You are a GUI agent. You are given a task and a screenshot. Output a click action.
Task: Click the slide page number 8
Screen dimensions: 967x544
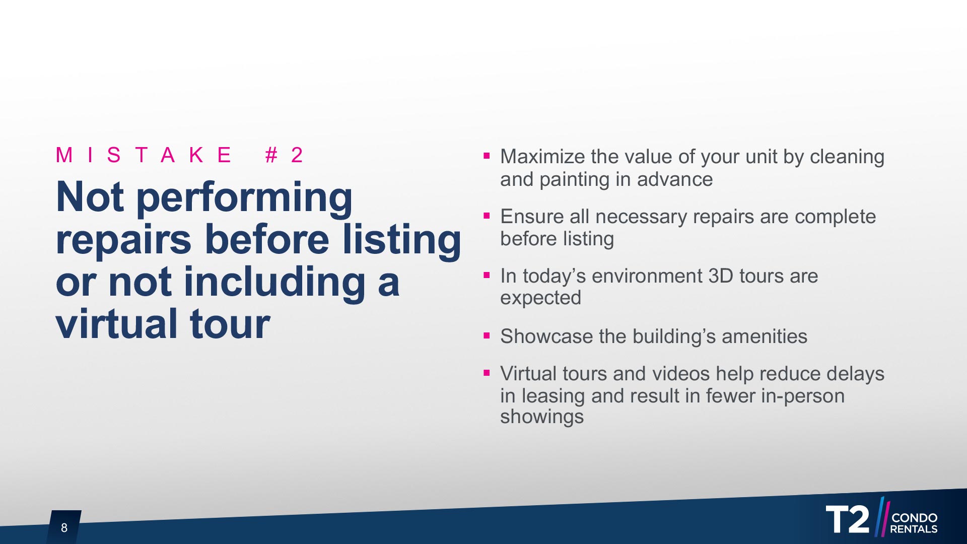(x=64, y=527)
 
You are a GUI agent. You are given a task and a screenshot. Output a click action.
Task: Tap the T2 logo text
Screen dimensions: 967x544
(x=848, y=519)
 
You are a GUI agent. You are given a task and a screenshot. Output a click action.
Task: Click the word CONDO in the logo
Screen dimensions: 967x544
(x=914, y=517)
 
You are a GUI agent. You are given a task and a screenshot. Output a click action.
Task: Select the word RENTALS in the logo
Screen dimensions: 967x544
(x=914, y=529)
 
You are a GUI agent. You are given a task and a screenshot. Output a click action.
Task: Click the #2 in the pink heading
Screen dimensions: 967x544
(x=284, y=155)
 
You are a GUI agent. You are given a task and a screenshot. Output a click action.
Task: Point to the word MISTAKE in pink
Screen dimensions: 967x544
(x=144, y=155)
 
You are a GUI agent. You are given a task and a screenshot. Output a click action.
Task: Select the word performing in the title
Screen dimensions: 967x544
(x=245, y=198)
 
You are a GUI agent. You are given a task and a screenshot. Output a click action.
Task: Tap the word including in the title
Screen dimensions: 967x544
(x=274, y=282)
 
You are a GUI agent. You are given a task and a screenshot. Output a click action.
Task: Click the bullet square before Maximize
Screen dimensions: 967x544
(x=487, y=156)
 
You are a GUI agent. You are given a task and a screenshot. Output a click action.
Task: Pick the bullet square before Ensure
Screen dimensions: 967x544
(x=487, y=216)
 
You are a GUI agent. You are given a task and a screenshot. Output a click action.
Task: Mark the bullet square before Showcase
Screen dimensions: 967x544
(x=487, y=335)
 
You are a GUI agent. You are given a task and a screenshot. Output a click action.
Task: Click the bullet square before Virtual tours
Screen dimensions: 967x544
(x=487, y=373)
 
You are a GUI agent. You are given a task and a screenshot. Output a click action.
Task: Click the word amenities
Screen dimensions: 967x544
(x=765, y=336)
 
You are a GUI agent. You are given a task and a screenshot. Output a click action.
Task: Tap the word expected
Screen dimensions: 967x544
(x=540, y=298)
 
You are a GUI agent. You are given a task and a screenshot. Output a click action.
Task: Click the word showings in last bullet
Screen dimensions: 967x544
(x=542, y=417)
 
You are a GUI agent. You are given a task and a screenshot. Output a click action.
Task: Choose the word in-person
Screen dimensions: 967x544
(x=803, y=396)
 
